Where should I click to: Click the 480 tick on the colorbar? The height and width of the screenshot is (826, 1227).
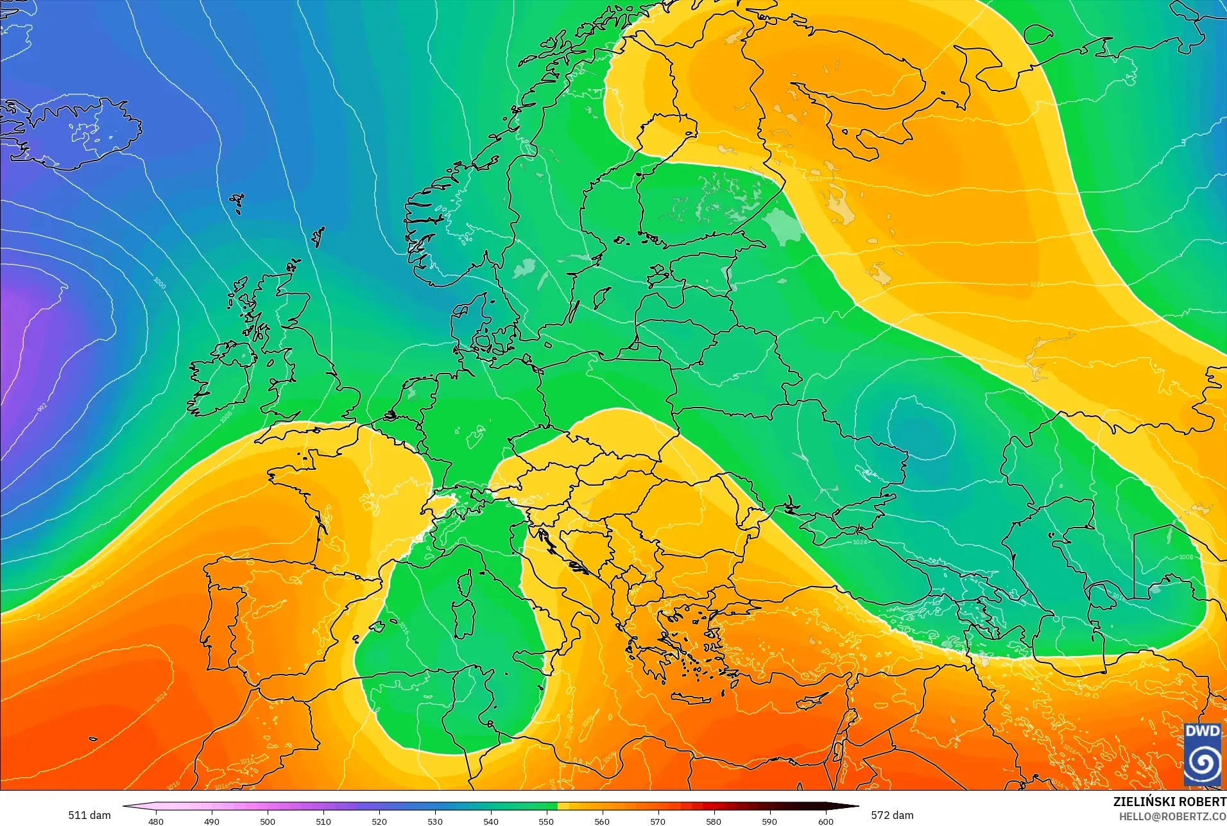coord(156,821)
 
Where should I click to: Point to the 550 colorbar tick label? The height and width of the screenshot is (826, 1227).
coord(546,821)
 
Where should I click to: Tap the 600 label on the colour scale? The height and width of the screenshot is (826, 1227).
coord(825,821)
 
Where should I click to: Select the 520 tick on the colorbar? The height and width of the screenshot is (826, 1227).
coord(379,821)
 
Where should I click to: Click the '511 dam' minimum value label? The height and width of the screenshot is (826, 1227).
coord(89,815)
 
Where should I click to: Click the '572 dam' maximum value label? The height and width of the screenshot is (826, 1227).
coord(892,815)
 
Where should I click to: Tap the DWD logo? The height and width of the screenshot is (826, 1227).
coord(1203,755)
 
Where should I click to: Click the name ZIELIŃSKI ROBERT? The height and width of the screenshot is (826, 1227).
coord(1169,802)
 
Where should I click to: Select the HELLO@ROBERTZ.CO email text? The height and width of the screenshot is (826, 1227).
coord(1172,816)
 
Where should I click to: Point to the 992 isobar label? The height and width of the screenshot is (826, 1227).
coord(42,408)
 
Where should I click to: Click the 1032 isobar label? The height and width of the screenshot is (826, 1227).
coord(814,178)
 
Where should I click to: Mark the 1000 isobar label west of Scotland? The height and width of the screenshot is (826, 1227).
coord(160,282)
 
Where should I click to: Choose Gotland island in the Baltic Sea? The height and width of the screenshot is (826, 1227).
coord(602,297)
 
